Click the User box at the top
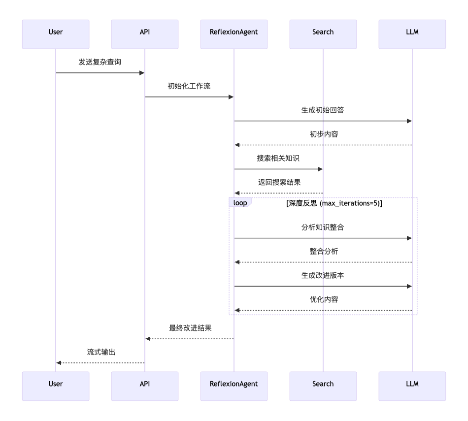[x=56, y=32]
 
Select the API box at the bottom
[x=145, y=384]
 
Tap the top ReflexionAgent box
[x=234, y=32]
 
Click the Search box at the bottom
[x=323, y=384]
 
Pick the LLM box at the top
[x=412, y=32]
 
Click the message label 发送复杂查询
[x=100, y=62]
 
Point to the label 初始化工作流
[x=189, y=86]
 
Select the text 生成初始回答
[x=323, y=110]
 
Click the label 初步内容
[x=323, y=134]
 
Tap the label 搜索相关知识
[x=278, y=159]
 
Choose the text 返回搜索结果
[x=278, y=183]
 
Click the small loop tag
[x=240, y=202]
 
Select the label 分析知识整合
[x=323, y=227]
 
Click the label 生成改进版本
[x=323, y=276]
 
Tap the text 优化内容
[x=323, y=300]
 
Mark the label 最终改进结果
[x=189, y=328]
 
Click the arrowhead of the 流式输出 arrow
[x=59, y=362]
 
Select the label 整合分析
[x=323, y=252]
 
